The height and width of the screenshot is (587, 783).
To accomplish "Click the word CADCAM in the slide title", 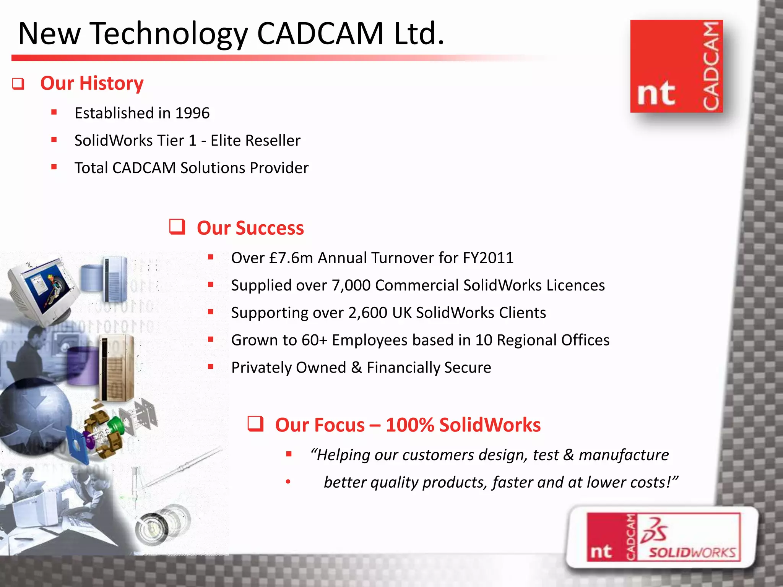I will [320, 34].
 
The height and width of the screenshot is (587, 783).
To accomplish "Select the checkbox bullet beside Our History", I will [18, 84].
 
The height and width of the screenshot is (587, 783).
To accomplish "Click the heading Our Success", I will [250, 228].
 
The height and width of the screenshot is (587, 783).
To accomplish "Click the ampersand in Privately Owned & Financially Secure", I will [356, 368].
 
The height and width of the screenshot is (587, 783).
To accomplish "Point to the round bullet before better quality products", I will [288, 482].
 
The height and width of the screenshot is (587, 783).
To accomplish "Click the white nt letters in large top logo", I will [656, 93].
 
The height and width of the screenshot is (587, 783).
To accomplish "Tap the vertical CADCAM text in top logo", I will [711, 66].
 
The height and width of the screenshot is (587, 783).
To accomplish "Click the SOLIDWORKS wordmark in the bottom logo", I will [692, 553].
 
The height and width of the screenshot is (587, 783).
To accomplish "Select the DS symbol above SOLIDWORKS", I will [655, 530].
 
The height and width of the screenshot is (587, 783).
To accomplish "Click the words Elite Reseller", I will [255, 141].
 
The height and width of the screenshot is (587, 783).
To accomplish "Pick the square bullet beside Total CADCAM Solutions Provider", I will [54, 167].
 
